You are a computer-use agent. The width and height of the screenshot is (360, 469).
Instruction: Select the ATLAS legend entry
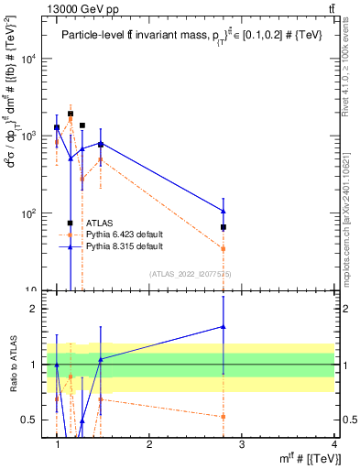100,223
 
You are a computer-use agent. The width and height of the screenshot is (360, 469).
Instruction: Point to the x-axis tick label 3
242,443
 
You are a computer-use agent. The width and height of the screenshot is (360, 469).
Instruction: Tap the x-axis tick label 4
334,443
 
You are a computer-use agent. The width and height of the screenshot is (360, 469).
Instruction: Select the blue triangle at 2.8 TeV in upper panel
224,212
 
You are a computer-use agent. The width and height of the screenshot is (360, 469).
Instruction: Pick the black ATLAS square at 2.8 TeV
224,227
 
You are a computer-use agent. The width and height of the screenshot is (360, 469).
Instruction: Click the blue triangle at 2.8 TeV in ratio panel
224,326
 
